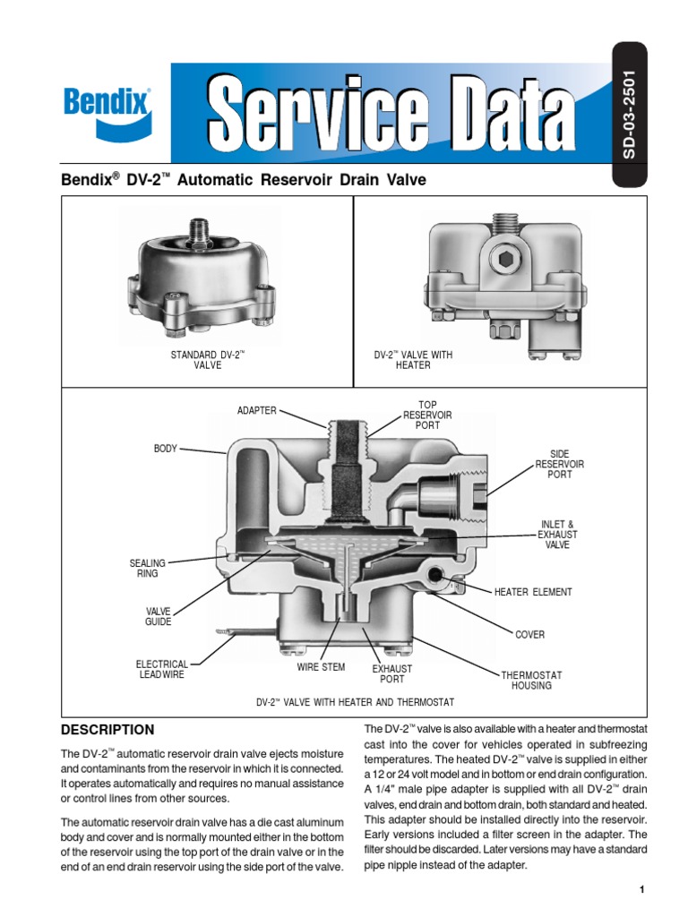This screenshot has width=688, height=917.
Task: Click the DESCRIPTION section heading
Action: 107,730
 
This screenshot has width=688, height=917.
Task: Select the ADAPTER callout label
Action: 257,410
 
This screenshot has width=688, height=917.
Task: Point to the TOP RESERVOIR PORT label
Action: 427,416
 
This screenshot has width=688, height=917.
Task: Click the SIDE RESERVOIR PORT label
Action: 559,465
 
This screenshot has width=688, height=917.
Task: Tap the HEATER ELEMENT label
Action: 533,592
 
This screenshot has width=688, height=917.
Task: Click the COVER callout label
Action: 529,635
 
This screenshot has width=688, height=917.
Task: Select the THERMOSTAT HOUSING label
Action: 531,680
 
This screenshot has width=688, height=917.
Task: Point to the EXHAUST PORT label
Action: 391,674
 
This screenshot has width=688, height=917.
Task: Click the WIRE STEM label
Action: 321,668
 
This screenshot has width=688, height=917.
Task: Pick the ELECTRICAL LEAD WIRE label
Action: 162,670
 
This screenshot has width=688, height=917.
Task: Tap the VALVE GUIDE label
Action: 158,616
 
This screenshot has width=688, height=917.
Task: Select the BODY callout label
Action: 166,448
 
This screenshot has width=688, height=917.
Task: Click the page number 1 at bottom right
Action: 642,889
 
